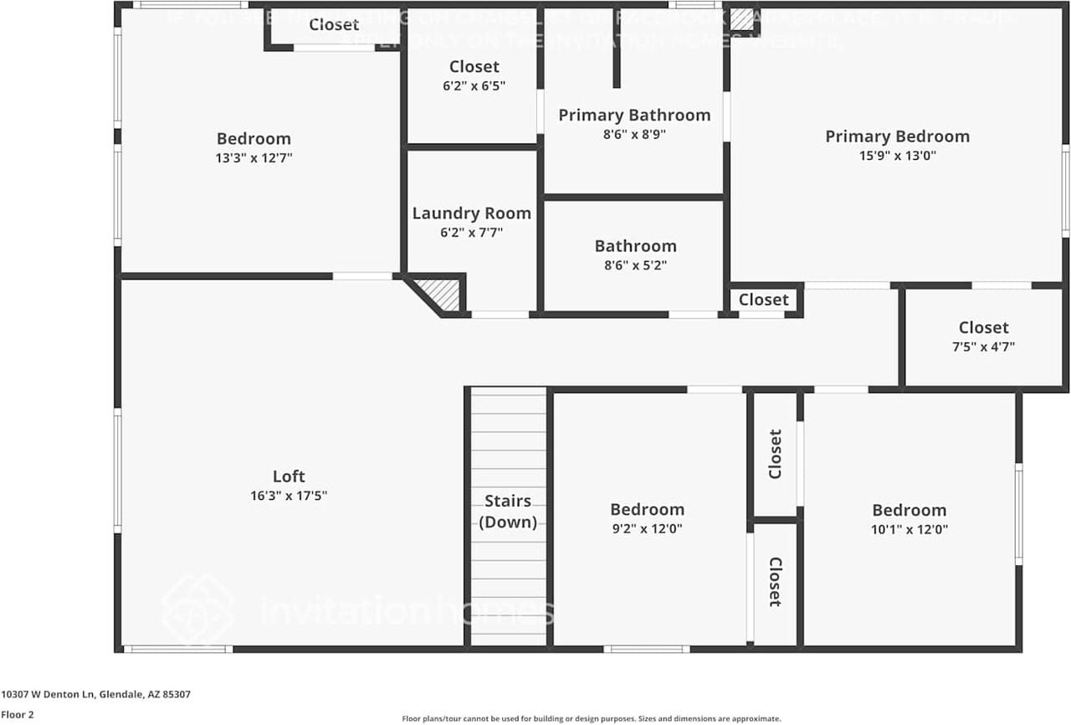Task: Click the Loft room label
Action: tap(289, 476)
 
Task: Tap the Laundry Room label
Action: tap(471, 213)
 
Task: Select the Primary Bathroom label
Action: tap(634, 116)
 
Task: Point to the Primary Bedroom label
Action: tap(897, 136)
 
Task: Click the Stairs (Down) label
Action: tap(508, 512)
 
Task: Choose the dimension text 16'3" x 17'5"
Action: tap(289, 496)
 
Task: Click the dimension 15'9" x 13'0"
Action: tap(897, 155)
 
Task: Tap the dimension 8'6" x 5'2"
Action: tap(635, 265)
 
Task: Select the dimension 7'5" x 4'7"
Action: tap(983, 347)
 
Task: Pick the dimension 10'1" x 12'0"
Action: tap(909, 529)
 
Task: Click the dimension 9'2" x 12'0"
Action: tap(647, 528)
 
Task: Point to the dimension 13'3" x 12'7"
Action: tap(254, 157)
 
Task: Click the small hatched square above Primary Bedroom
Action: tap(741, 19)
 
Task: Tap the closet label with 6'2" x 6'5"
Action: tap(474, 67)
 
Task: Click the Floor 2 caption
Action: tap(18, 715)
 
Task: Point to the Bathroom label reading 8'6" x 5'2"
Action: tap(635, 246)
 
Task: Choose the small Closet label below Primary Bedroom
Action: tap(763, 300)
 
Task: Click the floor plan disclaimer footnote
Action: tap(591, 718)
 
